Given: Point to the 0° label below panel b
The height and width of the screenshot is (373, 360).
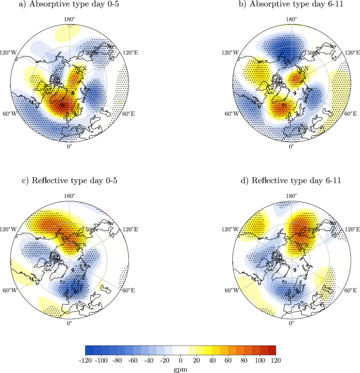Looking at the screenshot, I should (x=291, y=147).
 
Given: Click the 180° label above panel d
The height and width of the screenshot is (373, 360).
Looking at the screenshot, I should (x=291, y=196).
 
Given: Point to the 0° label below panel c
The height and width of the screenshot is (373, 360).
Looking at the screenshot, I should (x=70, y=323).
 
